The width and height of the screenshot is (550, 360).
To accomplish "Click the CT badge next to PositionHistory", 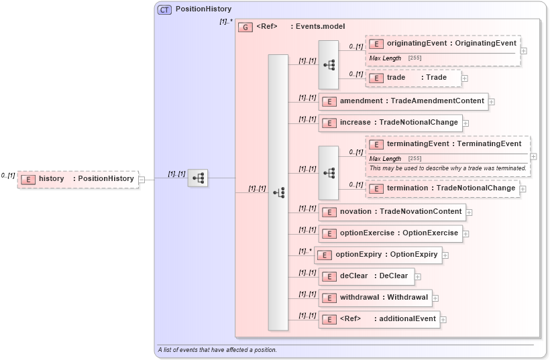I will click(164, 9).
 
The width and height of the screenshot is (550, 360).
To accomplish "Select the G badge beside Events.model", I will click(245, 27).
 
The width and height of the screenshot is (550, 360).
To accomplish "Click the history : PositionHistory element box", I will click(78, 179).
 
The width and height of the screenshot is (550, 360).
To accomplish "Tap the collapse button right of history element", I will click(142, 179).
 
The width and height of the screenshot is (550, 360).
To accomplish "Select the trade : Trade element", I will click(413, 78).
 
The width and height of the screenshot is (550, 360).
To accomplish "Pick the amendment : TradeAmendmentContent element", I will click(404, 101).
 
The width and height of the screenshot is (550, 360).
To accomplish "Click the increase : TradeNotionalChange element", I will click(390, 123).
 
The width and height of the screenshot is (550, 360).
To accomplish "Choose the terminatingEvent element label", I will click(453, 144).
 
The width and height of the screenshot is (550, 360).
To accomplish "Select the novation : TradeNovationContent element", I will click(392, 212).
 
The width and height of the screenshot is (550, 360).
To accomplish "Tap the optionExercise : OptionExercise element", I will click(390, 233).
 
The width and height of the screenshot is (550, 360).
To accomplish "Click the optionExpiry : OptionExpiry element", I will click(378, 255).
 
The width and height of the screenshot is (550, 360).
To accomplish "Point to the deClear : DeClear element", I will click(366, 276).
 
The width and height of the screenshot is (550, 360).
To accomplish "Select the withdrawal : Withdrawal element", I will click(376, 298).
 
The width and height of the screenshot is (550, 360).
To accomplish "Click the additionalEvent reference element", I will click(379, 319).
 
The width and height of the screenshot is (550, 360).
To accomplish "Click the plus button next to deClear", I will click(418, 276).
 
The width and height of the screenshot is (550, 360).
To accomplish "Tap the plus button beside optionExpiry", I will click(445, 255).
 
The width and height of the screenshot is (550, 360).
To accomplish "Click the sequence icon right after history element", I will click(198, 178).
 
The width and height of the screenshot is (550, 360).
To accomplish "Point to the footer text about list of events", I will click(217, 350).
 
